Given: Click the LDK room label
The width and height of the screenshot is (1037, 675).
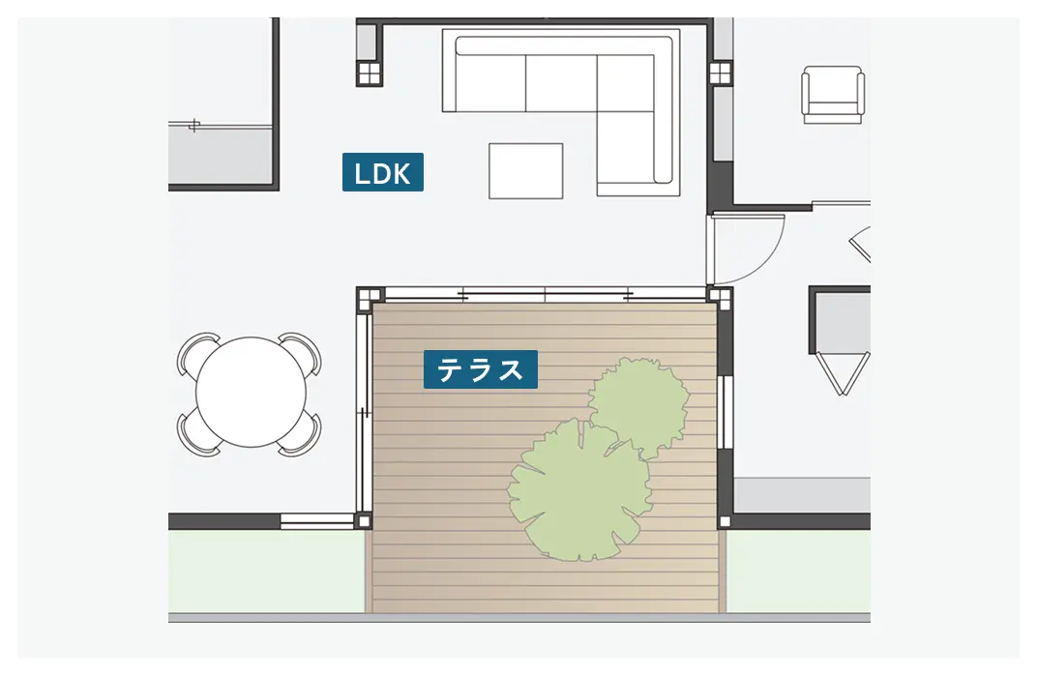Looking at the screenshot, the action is pyautogui.click(x=383, y=172).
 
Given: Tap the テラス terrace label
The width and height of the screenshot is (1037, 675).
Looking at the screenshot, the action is pyautogui.click(x=481, y=369).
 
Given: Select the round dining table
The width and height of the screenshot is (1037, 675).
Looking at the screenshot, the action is pyautogui.click(x=252, y=392).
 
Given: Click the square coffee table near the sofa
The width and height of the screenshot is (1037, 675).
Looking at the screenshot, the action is pyautogui.click(x=526, y=170).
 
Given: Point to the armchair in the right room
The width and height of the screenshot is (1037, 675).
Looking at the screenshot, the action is pyautogui.click(x=833, y=95).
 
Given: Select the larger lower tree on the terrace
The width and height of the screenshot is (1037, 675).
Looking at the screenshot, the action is pyautogui.click(x=579, y=490).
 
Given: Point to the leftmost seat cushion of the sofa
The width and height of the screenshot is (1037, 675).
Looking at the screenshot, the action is pyautogui.click(x=490, y=83).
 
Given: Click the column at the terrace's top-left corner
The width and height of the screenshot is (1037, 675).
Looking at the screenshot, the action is pyautogui.click(x=369, y=300).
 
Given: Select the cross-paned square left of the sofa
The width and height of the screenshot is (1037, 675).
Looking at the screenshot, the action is pyautogui.click(x=370, y=73).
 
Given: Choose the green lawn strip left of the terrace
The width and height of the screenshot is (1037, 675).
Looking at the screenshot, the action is pyautogui.click(x=267, y=572).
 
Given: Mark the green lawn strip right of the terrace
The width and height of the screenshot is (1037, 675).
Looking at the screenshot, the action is pyautogui.click(x=798, y=572).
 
